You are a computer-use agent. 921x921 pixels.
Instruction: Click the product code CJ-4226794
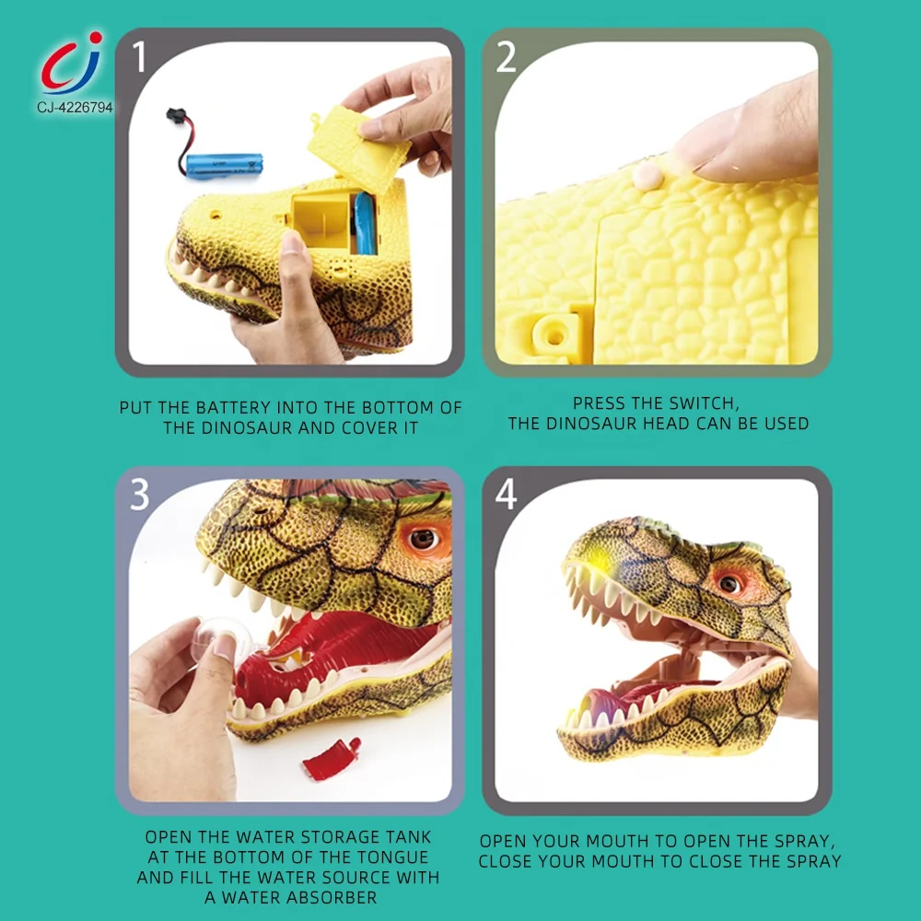tap(75, 108)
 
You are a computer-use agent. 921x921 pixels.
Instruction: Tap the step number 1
tap(140, 57)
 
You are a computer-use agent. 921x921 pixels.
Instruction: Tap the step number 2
tap(507, 57)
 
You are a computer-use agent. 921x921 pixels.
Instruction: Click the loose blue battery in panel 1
tap(224, 165)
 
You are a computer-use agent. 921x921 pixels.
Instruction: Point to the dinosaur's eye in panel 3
tap(423, 539)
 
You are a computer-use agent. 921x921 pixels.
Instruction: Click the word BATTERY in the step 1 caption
tap(238, 407)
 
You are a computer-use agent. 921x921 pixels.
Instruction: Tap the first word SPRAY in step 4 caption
tap(798, 841)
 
